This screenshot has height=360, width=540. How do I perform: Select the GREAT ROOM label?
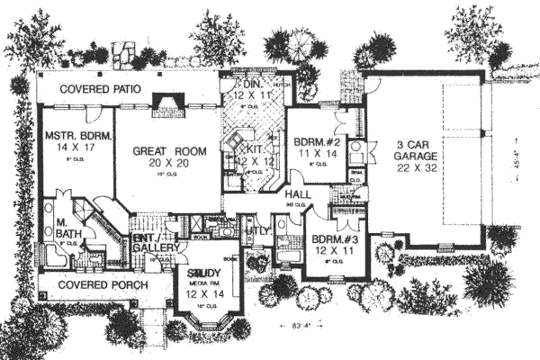pos(166,152)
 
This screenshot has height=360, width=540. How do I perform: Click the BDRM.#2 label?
pos(315,141)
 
